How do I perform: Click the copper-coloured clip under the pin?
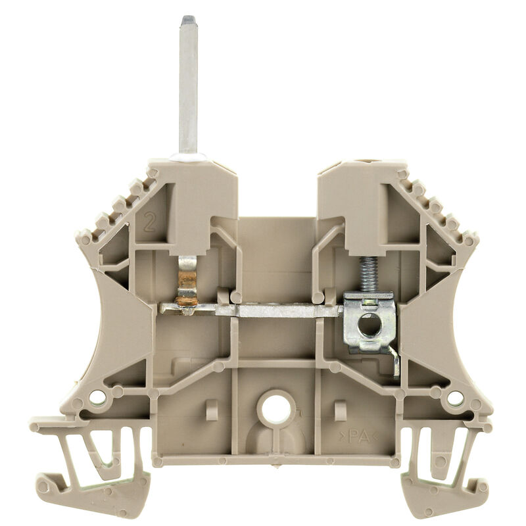click(187, 283)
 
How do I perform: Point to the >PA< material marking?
click(358, 435)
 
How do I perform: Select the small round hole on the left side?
click(97, 396)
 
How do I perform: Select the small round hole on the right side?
click(454, 397)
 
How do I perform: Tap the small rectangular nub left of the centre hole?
click(212, 410)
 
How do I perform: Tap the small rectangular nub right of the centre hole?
click(340, 410)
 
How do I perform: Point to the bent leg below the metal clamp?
click(394, 362)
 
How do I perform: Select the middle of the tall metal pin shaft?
click(189, 85)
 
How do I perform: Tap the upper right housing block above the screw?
click(355, 197)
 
